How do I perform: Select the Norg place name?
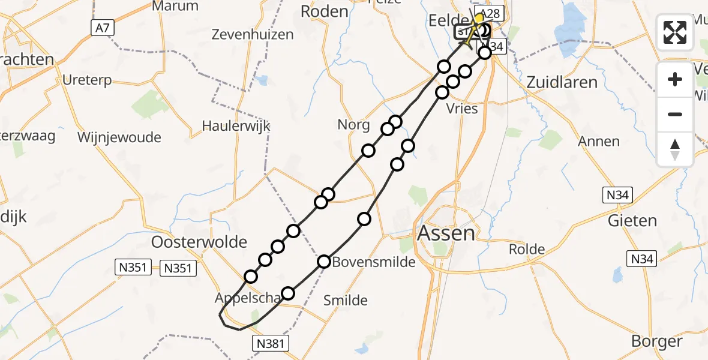point(354,125)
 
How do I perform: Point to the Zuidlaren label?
point(562,82)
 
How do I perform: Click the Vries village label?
point(463,109)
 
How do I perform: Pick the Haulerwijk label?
point(236,126)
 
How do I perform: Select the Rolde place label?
point(527,249)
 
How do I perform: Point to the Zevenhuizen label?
point(253,34)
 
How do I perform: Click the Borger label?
point(656,341)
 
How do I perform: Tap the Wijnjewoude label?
point(119,137)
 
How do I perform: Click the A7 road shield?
point(103,27)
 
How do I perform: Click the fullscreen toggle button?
point(675,32)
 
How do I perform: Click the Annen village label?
point(599,142)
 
